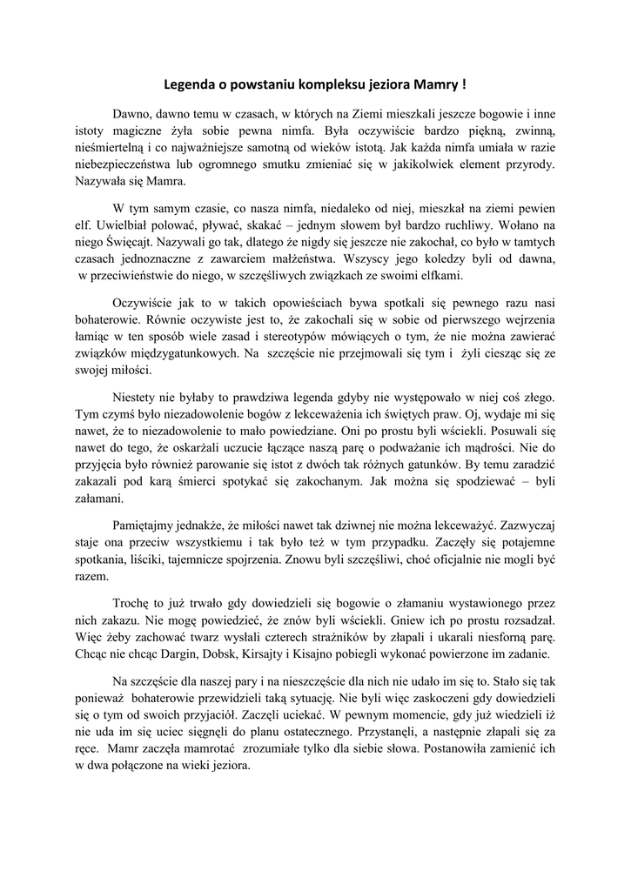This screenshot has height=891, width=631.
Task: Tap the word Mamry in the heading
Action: tap(438, 85)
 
